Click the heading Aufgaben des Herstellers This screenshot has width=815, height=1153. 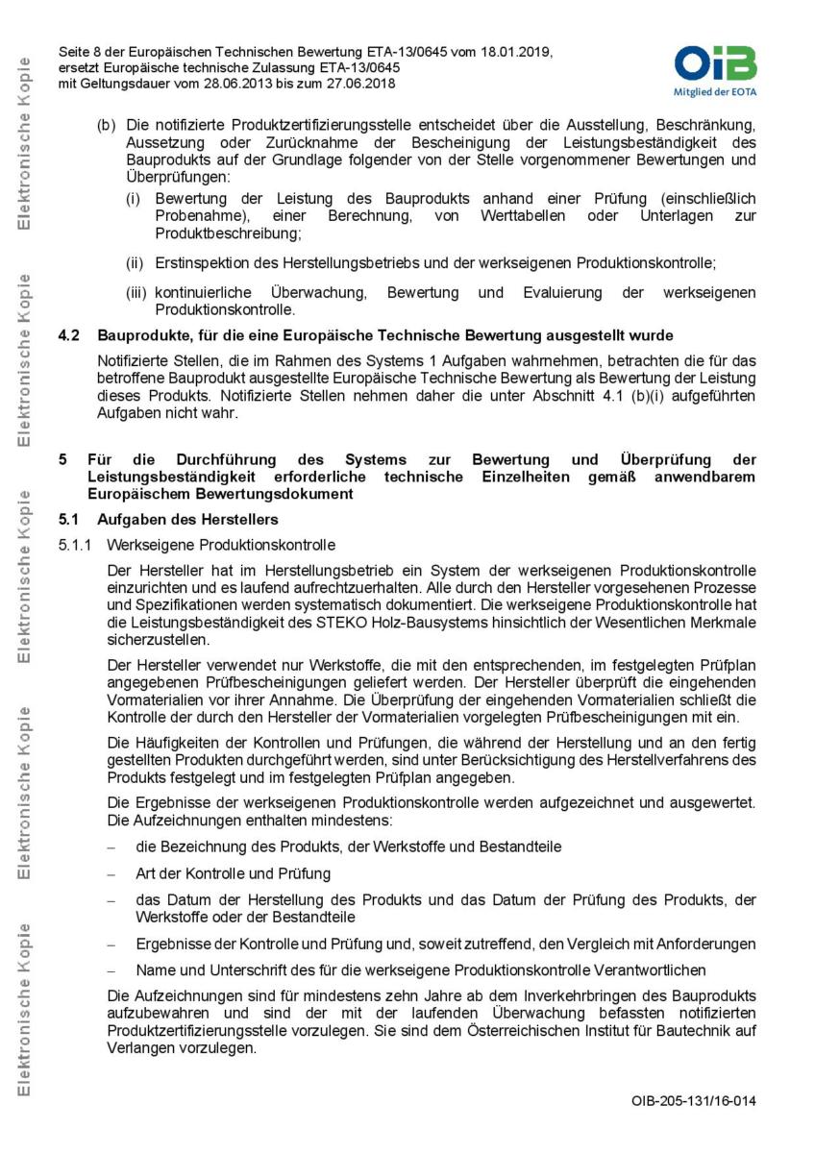188,520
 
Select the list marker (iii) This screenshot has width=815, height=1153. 137,292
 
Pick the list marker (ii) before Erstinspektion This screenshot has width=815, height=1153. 136,262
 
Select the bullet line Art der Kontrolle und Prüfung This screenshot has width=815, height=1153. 233,873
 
